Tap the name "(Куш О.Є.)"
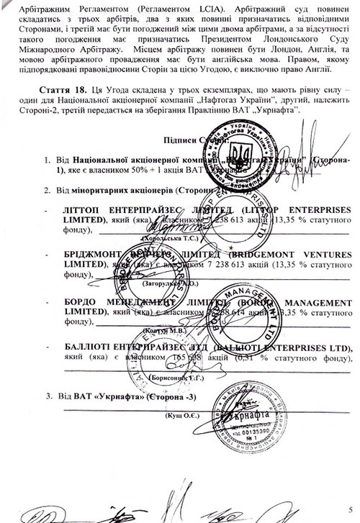click(185, 417)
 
